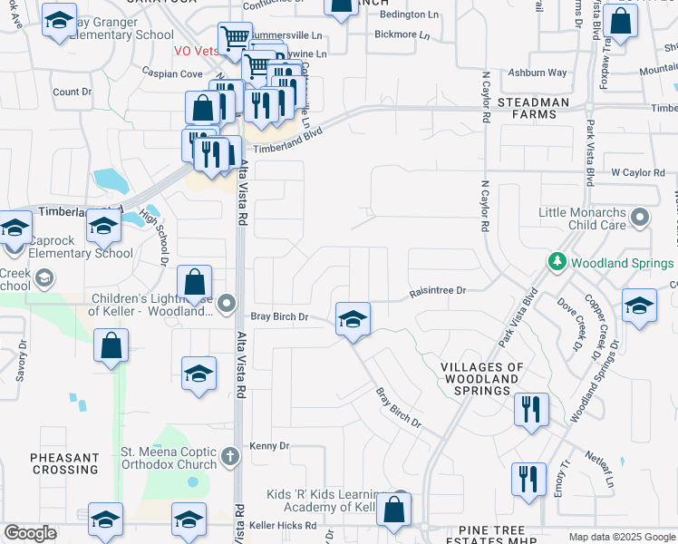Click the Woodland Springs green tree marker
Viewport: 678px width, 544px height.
[x=557, y=263]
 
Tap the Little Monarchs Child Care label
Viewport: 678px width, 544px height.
[x=582, y=218]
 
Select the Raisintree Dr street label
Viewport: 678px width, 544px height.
[x=437, y=291]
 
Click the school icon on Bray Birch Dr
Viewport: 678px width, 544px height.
[x=353, y=319]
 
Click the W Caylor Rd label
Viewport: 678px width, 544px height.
[x=638, y=171]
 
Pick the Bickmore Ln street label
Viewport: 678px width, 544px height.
[x=404, y=34]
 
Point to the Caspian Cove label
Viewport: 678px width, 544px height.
[x=172, y=72]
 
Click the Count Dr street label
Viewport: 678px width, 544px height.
[x=73, y=92]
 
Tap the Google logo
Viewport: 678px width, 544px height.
[x=31, y=533]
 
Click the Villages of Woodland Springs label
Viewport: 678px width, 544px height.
[x=482, y=379]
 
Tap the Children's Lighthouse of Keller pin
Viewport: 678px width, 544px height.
[x=227, y=303]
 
